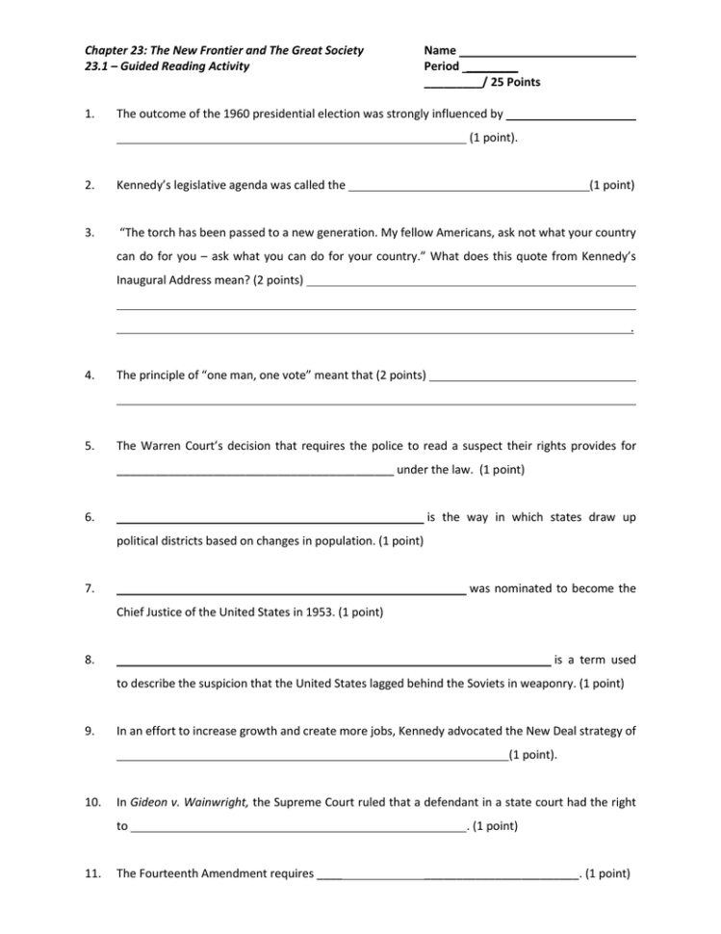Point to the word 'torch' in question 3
pyautogui.click(x=163, y=232)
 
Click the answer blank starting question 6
pyautogui.click(x=270, y=519)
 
